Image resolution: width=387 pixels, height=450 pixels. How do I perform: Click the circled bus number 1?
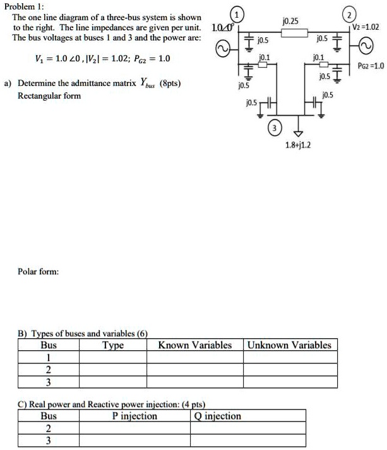coord(236,15)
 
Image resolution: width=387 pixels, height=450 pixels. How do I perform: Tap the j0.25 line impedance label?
coord(292,21)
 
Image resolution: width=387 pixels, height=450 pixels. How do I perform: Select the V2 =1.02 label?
coord(367,28)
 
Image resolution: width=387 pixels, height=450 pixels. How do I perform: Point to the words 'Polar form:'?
coord(39,272)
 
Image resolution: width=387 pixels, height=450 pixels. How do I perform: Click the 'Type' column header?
coord(113,345)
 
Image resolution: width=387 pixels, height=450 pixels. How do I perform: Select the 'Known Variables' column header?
coord(195,345)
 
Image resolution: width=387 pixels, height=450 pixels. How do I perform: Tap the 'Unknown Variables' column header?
coord(289,345)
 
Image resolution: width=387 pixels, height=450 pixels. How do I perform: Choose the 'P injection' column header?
coord(134,416)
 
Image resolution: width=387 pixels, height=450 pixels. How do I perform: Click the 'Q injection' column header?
coord(218,416)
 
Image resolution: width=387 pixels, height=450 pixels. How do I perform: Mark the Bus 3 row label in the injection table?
coord(48,441)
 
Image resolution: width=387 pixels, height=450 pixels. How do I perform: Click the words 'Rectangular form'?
coord(49,96)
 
